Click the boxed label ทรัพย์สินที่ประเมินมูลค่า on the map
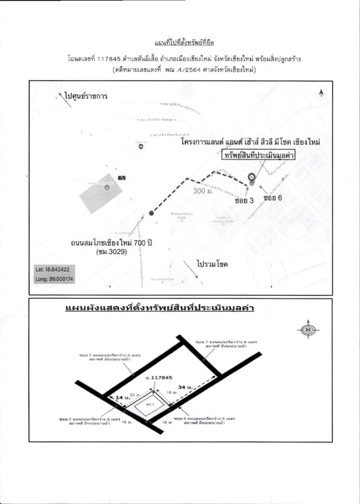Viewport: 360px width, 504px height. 258,156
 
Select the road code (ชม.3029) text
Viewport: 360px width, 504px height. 113,252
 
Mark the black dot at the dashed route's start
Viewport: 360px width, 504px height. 149,214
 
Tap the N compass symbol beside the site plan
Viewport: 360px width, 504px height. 309,329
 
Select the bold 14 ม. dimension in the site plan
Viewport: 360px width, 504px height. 121,398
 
